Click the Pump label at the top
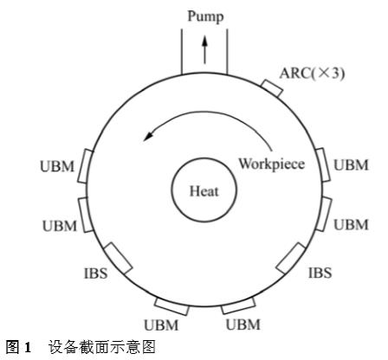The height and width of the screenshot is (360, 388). (x=205, y=16)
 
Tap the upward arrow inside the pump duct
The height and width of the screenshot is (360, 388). (x=204, y=49)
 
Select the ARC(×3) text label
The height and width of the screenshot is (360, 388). (x=312, y=73)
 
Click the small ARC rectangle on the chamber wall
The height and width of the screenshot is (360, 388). (x=271, y=88)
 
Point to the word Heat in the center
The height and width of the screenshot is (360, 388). (x=204, y=191)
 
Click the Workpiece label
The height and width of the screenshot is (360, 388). (x=271, y=164)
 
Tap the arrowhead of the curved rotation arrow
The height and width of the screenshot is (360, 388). (x=149, y=136)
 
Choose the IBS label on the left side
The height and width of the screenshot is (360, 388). (x=95, y=273)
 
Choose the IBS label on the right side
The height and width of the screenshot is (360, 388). (x=320, y=273)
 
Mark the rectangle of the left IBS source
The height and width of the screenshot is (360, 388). (x=118, y=258)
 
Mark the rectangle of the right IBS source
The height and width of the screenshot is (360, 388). (x=291, y=258)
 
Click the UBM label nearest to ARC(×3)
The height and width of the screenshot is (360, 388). (x=351, y=165)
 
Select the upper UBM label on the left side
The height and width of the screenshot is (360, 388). (x=57, y=166)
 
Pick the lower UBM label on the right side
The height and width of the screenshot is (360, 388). (x=351, y=225)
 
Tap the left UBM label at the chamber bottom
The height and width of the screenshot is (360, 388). (x=161, y=325)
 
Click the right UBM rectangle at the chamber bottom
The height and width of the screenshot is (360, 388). (x=238, y=305)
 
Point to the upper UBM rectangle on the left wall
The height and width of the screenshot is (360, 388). (x=86, y=166)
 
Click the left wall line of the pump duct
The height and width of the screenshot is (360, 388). (x=182, y=52)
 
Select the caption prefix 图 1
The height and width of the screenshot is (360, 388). (x=18, y=347)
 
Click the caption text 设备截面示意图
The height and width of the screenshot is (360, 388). (x=101, y=347)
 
